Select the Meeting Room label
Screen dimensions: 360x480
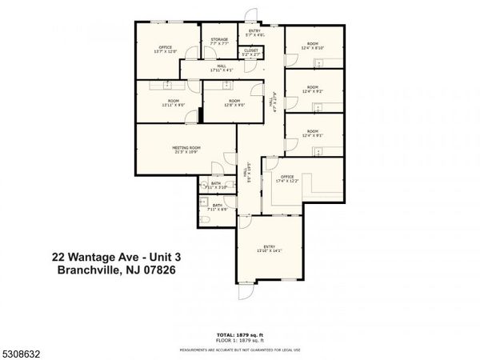186,149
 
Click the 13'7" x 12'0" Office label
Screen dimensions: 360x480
165,50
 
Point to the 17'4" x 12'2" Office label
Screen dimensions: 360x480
287,178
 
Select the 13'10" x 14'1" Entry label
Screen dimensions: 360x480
269,249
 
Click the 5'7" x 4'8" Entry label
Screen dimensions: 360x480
255,34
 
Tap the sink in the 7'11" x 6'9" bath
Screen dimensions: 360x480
204,201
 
